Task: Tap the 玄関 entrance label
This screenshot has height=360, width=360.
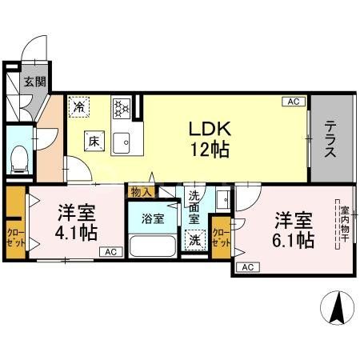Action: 33,82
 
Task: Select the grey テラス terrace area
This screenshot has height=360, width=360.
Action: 330,138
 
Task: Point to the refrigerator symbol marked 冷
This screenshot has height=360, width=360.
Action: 79,104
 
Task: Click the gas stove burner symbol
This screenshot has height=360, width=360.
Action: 122,106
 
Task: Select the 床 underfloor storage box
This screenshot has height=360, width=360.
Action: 94,142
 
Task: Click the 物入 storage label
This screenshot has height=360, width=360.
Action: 141,192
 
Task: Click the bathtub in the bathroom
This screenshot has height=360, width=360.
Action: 151,244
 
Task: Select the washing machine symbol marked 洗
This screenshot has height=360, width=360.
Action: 193,238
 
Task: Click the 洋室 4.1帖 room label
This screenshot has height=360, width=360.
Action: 78,223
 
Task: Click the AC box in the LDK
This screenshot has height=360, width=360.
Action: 293,102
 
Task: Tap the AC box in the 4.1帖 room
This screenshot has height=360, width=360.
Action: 110,253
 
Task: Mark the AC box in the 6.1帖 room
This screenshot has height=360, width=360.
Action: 246,266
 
